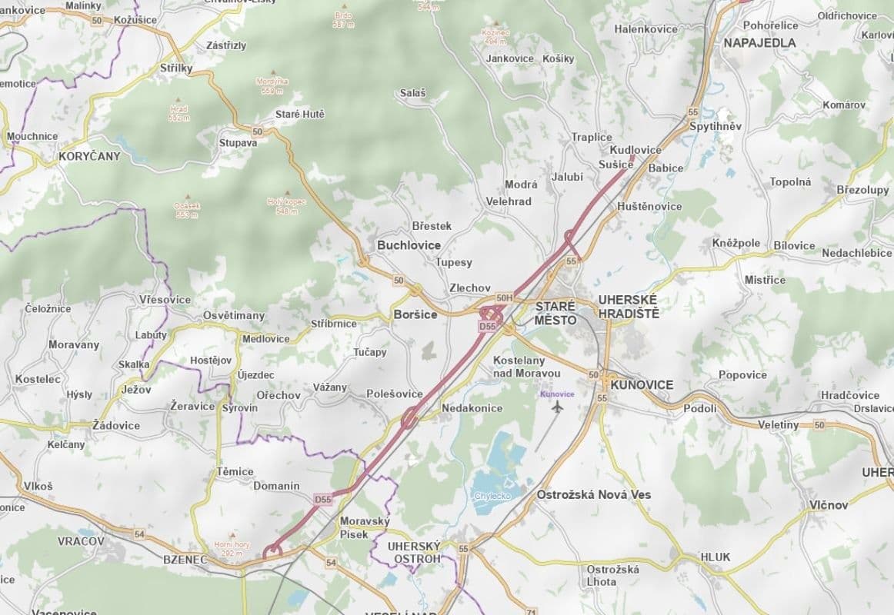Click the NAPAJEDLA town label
[759, 43]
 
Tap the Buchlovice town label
[409, 245]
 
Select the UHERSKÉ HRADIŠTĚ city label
[629, 306]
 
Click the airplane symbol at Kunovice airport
[558, 407]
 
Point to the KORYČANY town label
[90, 155]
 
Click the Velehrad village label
[509, 201]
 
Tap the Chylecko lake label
[492, 497]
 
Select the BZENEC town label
[185, 560]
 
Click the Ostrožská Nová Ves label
[593, 494]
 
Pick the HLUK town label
[716, 557]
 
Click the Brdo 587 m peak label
[343, 20]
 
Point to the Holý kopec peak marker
[288, 194]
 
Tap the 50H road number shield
[504, 298]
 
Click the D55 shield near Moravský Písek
[323, 500]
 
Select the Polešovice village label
[394, 394]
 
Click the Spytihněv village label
[716, 126]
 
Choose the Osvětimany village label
[234, 316]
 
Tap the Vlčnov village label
[829, 505]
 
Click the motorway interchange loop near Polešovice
[409, 419]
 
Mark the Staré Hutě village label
[300, 115]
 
